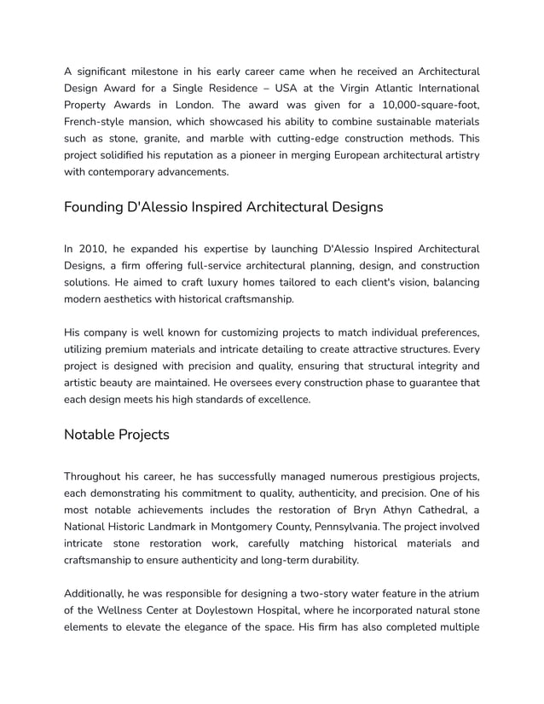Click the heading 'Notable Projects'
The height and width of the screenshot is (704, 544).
tap(117, 435)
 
